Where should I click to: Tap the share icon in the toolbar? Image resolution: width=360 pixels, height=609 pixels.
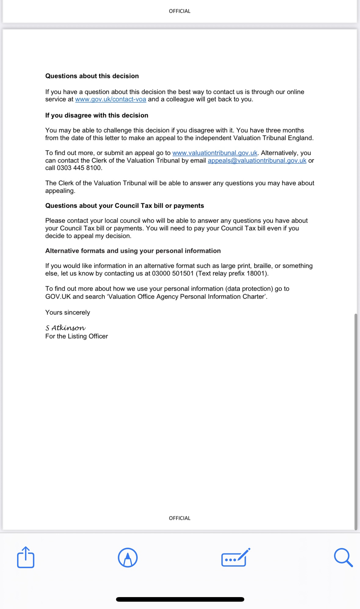point(26,557)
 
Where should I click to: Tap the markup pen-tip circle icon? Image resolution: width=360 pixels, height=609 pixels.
point(128,557)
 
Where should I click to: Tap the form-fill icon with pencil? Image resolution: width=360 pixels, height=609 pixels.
point(235,557)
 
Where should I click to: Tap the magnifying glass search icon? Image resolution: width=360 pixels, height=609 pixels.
point(343,557)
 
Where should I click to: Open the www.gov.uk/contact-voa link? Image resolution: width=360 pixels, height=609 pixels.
point(111,99)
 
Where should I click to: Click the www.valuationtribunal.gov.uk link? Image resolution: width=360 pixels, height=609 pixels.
point(215,153)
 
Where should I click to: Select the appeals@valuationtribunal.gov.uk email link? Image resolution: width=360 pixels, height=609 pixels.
point(257,160)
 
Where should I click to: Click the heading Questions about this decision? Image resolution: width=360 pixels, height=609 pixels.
point(92,76)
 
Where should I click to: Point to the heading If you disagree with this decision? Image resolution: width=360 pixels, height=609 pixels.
point(97,115)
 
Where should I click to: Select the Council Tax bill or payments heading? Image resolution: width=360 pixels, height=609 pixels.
point(125,206)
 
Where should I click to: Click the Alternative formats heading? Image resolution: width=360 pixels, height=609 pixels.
point(133,251)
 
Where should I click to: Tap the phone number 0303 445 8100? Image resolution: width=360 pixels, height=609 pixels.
point(79,168)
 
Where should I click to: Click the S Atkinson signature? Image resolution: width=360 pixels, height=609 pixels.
point(65,328)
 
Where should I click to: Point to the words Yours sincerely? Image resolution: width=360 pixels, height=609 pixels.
point(67,312)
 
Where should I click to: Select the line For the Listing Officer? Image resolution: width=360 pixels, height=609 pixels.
point(76,336)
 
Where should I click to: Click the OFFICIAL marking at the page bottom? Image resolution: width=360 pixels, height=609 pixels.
point(180,518)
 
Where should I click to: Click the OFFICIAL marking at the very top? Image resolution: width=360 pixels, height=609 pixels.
point(180,11)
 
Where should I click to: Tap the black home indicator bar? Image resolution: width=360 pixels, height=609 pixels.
point(180,599)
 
